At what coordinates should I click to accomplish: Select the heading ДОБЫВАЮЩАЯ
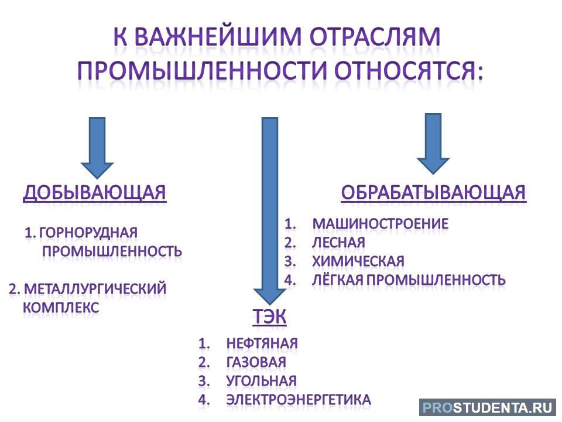[x=95, y=192]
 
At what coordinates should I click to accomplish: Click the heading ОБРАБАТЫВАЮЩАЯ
[x=433, y=192]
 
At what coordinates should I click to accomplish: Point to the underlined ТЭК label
[x=269, y=316]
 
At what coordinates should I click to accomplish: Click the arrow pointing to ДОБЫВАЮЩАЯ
[x=97, y=148]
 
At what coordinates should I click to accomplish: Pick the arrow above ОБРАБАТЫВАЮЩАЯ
[x=433, y=144]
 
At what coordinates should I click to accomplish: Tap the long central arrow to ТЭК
[x=270, y=210]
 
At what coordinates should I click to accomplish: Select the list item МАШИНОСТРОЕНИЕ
[x=381, y=224]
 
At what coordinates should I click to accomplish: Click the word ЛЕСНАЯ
[x=339, y=243]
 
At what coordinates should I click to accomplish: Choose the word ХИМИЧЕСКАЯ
[x=358, y=261]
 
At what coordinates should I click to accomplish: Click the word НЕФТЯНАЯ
[x=262, y=343]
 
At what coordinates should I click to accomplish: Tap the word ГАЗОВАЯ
[x=256, y=362]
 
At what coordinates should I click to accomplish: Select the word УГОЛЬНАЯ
[x=262, y=381]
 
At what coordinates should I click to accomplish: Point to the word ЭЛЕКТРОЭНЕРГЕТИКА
[x=299, y=400]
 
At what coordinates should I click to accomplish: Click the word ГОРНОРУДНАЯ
[x=88, y=233]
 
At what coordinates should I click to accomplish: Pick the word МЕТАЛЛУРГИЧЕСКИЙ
[x=95, y=289]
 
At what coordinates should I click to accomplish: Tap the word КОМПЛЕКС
[x=61, y=308]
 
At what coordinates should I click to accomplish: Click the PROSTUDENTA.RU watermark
[x=487, y=407]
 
